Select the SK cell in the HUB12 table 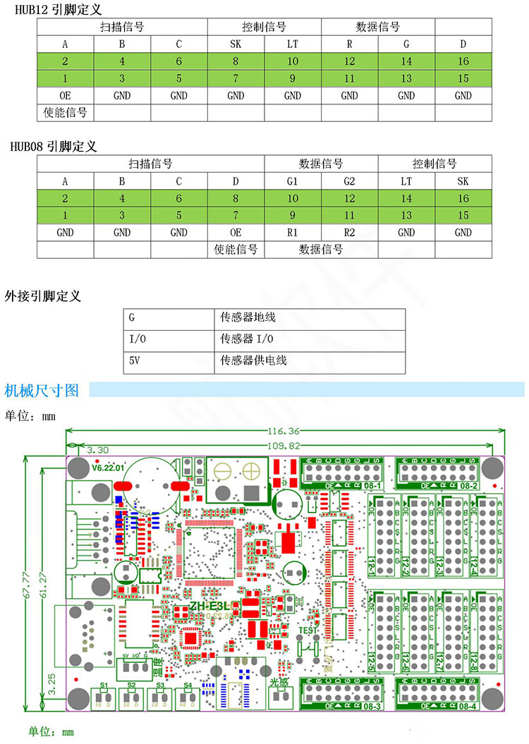coord(236,44)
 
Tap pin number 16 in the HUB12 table coord(463,61)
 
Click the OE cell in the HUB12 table coord(65,95)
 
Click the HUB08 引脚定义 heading coord(54,147)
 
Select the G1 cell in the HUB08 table coord(293,181)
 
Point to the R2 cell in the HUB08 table coord(349,232)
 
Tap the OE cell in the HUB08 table coord(236,232)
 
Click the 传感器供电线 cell coord(254,360)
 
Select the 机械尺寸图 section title coord(42,390)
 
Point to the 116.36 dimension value coord(284,431)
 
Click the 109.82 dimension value coord(284,445)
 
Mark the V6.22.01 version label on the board coord(109,467)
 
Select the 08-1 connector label coord(373,486)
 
